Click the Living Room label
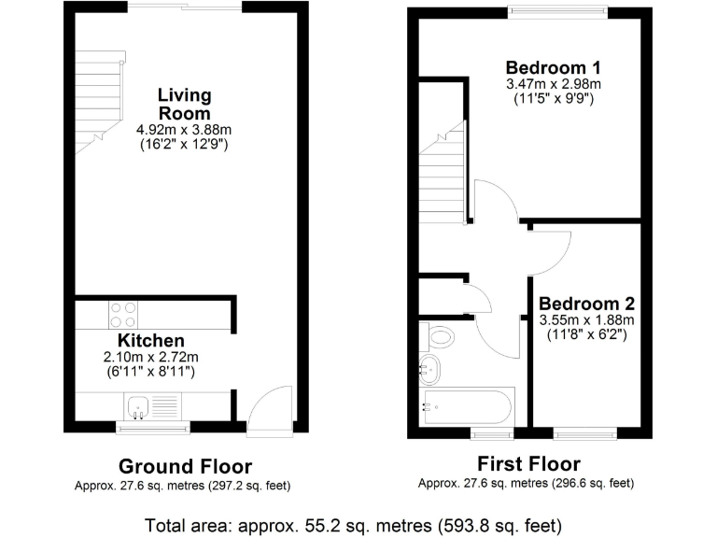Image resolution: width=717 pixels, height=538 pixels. [x=184, y=104]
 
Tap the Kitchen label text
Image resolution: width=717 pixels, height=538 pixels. [x=150, y=341]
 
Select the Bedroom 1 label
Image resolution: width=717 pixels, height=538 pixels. [x=553, y=67]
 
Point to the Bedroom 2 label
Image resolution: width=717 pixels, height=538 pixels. [x=586, y=304]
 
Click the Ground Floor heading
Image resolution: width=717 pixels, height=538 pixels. [x=185, y=466]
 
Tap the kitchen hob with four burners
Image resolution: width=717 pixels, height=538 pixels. [x=122, y=315]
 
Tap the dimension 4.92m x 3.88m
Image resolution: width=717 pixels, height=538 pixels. [x=184, y=132]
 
